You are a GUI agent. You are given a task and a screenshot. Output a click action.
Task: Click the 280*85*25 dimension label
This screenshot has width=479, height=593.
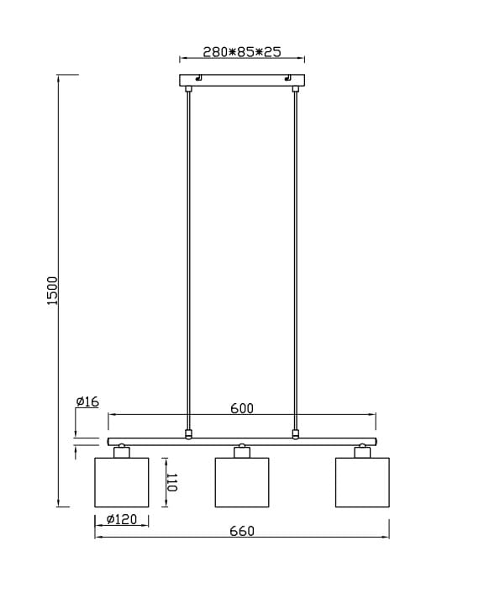tap(242, 52)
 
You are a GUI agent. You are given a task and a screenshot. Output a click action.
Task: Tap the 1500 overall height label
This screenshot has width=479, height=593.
tap(52, 291)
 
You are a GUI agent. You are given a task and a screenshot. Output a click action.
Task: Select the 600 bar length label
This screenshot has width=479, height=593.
tap(242, 408)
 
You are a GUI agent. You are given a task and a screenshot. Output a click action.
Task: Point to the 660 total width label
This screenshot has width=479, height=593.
tap(242, 531)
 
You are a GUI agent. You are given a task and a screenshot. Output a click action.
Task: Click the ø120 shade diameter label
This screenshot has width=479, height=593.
tap(122, 519)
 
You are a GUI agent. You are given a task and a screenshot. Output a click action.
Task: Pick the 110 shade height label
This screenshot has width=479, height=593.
tap(171, 482)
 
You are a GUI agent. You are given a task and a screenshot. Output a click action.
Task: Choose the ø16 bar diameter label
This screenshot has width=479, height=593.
tap(87, 401)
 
